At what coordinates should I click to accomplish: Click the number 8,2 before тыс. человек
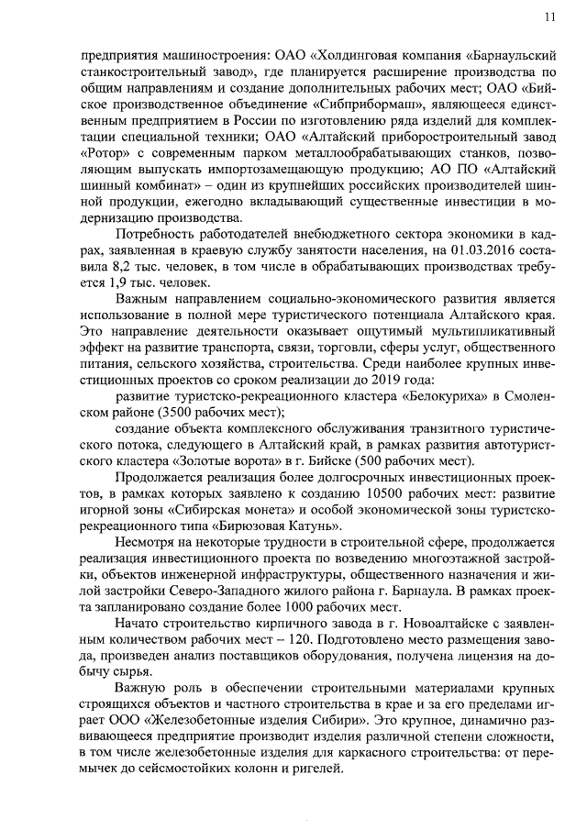coord(122,268)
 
